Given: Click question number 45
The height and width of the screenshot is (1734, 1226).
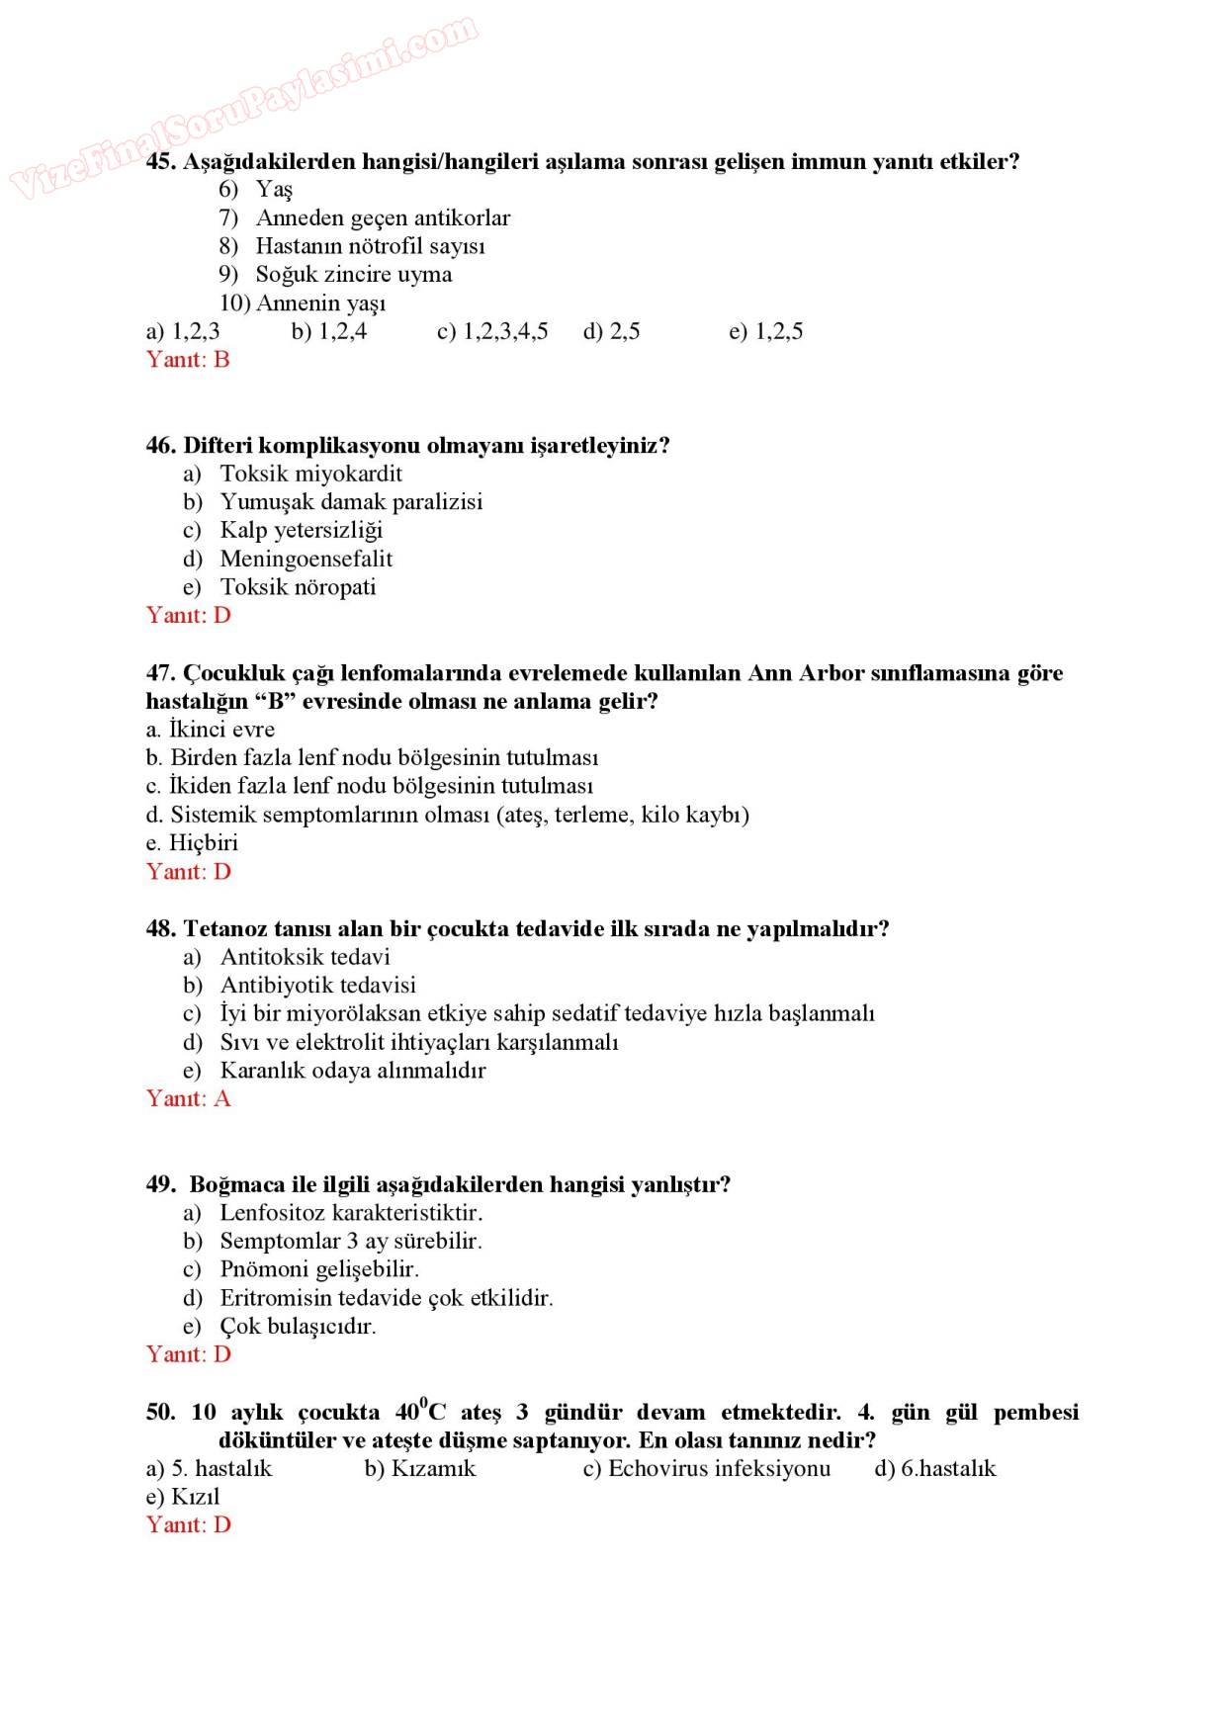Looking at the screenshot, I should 160,161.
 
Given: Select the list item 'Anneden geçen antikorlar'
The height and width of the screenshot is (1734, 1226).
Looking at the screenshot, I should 383,217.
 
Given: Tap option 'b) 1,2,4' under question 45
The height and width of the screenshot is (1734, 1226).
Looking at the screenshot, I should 329,331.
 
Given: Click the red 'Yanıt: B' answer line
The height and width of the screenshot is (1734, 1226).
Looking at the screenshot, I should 188,359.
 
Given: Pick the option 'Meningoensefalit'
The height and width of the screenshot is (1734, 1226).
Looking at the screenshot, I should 306,559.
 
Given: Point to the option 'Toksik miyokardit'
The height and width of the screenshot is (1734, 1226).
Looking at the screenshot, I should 310,474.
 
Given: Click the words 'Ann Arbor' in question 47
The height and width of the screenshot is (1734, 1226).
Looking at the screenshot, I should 806,673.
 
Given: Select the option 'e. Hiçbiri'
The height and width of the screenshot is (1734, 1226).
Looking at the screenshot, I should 192,843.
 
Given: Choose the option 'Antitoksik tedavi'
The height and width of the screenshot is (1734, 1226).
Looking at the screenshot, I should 305,957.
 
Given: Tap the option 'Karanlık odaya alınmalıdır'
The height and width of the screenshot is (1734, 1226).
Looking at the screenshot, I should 352,1071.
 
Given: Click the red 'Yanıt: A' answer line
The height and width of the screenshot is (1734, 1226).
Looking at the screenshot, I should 188,1098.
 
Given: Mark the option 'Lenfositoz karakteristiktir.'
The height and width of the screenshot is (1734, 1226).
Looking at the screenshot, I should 351,1213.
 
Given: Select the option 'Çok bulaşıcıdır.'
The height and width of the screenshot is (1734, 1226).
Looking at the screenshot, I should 298,1327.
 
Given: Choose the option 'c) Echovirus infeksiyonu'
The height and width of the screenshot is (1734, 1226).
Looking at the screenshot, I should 706,1469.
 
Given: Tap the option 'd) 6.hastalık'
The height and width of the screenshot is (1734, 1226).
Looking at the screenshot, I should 934,1469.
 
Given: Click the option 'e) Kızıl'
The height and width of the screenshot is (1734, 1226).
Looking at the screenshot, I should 183,1497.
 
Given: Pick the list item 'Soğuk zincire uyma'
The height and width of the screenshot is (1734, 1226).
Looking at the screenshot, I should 353,275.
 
